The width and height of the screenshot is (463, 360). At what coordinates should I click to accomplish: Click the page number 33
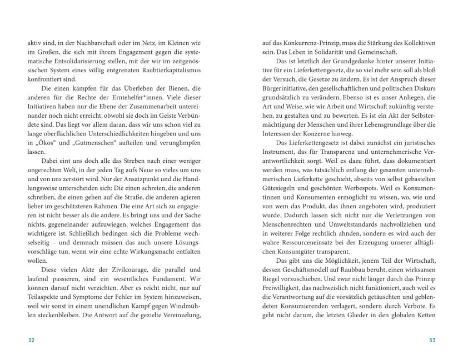coord(432,339)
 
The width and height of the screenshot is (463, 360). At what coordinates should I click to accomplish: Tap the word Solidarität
coord(335,52)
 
